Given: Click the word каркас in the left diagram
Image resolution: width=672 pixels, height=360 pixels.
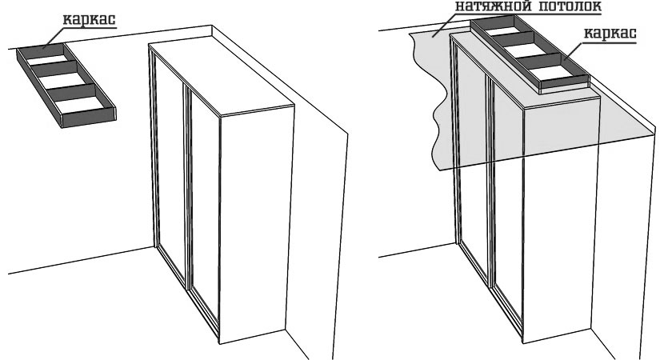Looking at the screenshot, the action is click(x=89, y=19).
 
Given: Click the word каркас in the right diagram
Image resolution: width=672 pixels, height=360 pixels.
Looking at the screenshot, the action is click(x=610, y=34).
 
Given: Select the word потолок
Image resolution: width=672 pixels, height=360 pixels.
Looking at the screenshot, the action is click(x=566, y=6).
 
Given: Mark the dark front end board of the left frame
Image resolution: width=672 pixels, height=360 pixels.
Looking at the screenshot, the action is click(x=89, y=118).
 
